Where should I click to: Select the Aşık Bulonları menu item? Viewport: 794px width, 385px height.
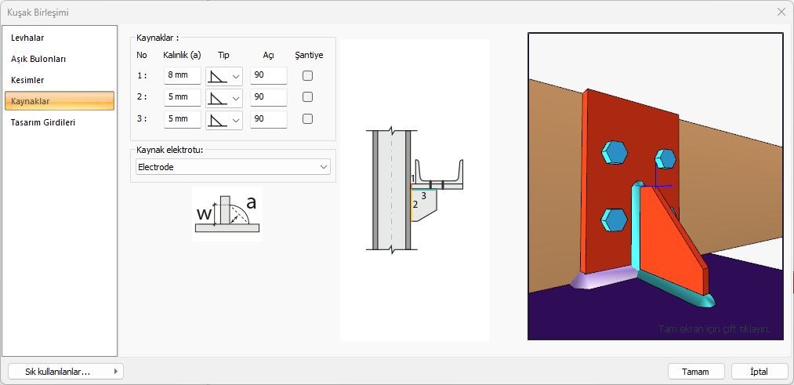[38, 59]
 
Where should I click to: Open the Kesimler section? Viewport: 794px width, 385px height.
[27, 80]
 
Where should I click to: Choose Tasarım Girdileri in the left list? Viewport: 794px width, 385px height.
[43, 122]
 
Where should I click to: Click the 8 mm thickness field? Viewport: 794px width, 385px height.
[183, 76]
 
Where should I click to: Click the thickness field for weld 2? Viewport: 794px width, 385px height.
[183, 97]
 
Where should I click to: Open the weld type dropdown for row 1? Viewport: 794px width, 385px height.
[224, 76]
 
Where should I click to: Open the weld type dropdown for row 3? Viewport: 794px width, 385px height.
[224, 119]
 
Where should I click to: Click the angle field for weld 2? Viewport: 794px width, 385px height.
[269, 97]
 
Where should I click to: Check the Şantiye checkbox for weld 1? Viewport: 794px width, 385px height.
[307, 76]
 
